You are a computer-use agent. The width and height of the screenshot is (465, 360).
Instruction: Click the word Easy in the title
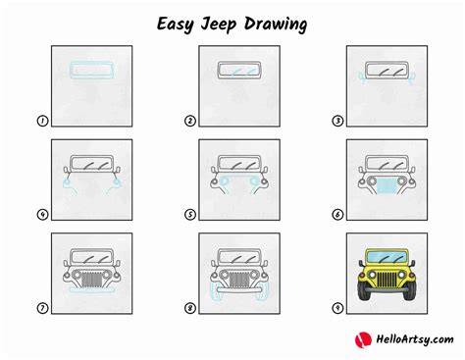point(176,25)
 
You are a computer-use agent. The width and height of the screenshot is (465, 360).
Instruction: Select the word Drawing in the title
point(276,25)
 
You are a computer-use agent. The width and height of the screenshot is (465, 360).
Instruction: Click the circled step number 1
point(42,121)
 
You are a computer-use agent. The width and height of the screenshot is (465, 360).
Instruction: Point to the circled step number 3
point(337,121)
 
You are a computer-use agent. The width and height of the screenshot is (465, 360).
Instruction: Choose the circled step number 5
point(190,215)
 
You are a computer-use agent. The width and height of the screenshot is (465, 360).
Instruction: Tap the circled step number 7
point(42,308)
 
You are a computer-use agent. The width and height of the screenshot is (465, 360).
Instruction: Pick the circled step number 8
point(190,308)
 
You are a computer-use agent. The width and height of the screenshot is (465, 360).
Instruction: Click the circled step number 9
point(337,308)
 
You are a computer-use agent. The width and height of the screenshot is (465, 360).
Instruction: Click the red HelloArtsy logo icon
point(363,339)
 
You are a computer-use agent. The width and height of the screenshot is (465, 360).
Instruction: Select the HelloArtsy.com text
point(415,339)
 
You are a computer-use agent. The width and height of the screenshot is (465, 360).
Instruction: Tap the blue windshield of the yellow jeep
point(387,257)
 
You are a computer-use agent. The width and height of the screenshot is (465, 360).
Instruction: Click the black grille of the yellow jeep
point(387,281)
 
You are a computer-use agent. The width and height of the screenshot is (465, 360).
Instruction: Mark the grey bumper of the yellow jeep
point(387,290)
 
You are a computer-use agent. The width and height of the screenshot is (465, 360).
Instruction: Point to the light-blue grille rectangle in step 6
point(387,186)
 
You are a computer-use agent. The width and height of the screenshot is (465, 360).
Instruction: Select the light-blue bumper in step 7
point(92,290)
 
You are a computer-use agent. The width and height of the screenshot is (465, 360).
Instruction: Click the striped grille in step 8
point(239,281)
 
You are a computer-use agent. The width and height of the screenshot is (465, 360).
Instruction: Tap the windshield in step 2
point(239,71)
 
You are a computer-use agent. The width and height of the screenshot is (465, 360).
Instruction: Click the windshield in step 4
point(92,164)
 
